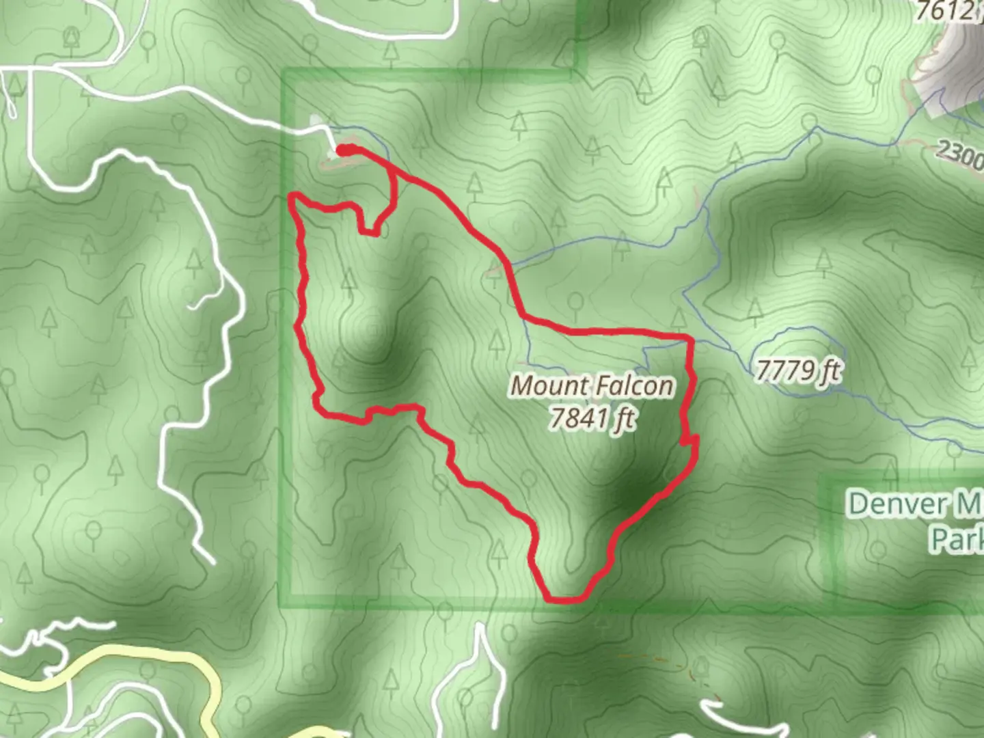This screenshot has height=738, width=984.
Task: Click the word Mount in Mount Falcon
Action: click(x=545, y=385)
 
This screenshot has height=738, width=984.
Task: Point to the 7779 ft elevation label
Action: click(x=797, y=371)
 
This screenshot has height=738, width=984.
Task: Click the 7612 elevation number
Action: click(x=944, y=10)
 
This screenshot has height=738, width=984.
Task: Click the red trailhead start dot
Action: click(x=345, y=150)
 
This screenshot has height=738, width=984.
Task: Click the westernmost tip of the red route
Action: click(x=294, y=198)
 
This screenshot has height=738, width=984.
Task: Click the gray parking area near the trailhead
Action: click(x=318, y=123)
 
